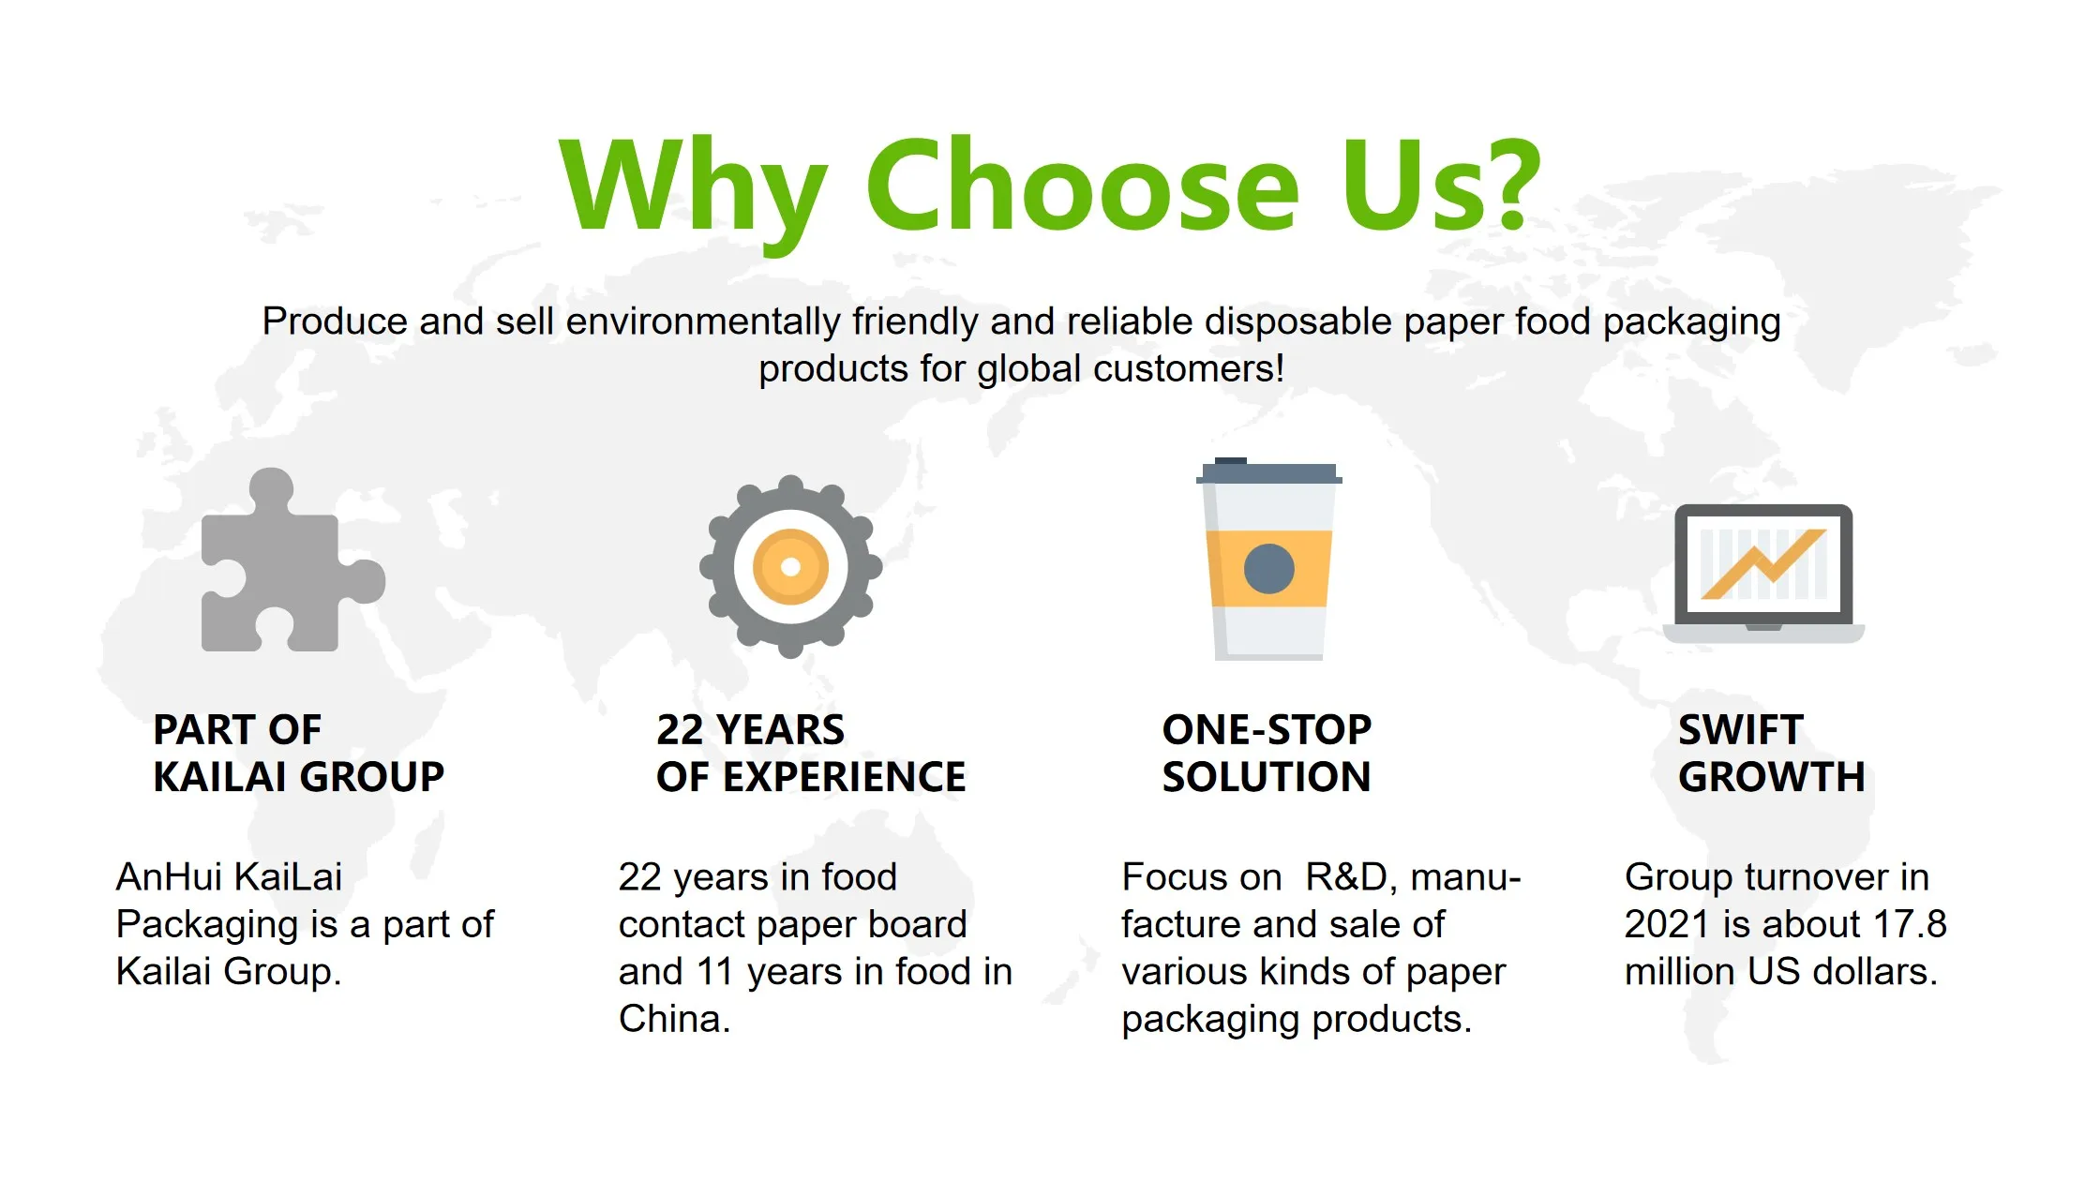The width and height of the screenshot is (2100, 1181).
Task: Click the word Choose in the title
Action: pyautogui.click(x=1082, y=185)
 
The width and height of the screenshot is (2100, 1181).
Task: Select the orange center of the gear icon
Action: pyautogui.click(x=790, y=566)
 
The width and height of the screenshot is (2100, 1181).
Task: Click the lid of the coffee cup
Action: pyautogui.click(x=1269, y=471)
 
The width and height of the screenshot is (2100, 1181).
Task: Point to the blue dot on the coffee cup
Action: pyautogui.click(x=1269, y=569)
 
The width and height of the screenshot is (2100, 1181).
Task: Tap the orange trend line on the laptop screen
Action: pyautogui.click(x=1763, y=564)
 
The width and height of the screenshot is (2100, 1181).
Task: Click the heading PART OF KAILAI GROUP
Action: pyautogui.click(x=298, y=753)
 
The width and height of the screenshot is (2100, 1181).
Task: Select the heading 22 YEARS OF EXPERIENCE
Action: pyautogui.click(x=811, y=753)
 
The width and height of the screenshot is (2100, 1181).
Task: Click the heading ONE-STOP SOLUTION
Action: pyautogui.click(x=1267, y=753)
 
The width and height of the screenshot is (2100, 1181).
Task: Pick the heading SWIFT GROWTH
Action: pyautogui.click(x=1771, y=753)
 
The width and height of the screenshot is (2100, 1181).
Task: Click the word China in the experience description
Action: pyautogui.click(x=674, y=1019)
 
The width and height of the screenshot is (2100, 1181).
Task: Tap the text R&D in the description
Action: pyautogui.click(x=1346, y=877)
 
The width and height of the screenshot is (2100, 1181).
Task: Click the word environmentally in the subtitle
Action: pyautogui.click(x=703, y=321)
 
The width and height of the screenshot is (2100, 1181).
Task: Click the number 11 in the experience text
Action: pyautogui.click(x=714, y=972)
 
